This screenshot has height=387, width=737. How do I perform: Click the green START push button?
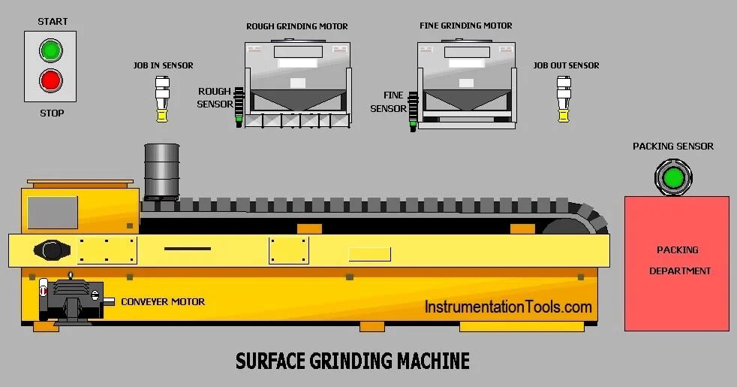(51, 51)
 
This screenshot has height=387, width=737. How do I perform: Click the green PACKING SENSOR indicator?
(672, 179)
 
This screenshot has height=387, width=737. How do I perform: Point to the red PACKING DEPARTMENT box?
(677, 263)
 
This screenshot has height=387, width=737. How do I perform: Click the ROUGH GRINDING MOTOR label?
(297, 26)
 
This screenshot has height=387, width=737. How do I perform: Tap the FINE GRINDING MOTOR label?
(466, 26)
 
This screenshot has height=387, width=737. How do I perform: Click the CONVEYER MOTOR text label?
(163, 302)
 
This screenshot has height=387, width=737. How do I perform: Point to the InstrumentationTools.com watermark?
(508, 307)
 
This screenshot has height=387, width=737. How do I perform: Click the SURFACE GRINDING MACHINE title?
(353, 361)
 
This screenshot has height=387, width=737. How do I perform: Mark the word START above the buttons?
(53, 22)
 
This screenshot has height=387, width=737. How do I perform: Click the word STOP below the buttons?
(52, 113)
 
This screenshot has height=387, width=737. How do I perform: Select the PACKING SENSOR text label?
(672, 147)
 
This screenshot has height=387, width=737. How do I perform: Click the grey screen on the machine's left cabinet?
(53, 212)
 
